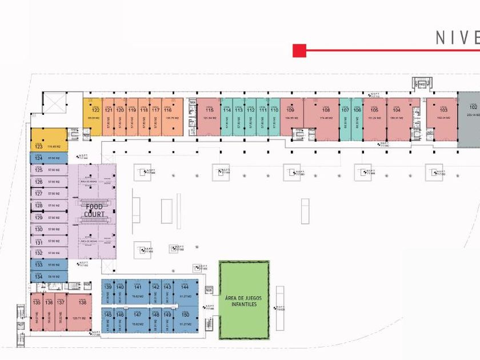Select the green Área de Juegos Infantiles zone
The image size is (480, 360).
point(244,300)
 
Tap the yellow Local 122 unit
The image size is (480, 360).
point(92,117)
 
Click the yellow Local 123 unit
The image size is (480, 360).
point(49,139)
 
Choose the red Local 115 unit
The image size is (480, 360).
point(209,117)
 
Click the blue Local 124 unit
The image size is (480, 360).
point(49,158)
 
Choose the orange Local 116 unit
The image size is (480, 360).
point(172,117)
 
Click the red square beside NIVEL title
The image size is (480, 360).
point(299,51)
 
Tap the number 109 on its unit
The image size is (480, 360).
point(291,110)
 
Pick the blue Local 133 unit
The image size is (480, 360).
point(49,265)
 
